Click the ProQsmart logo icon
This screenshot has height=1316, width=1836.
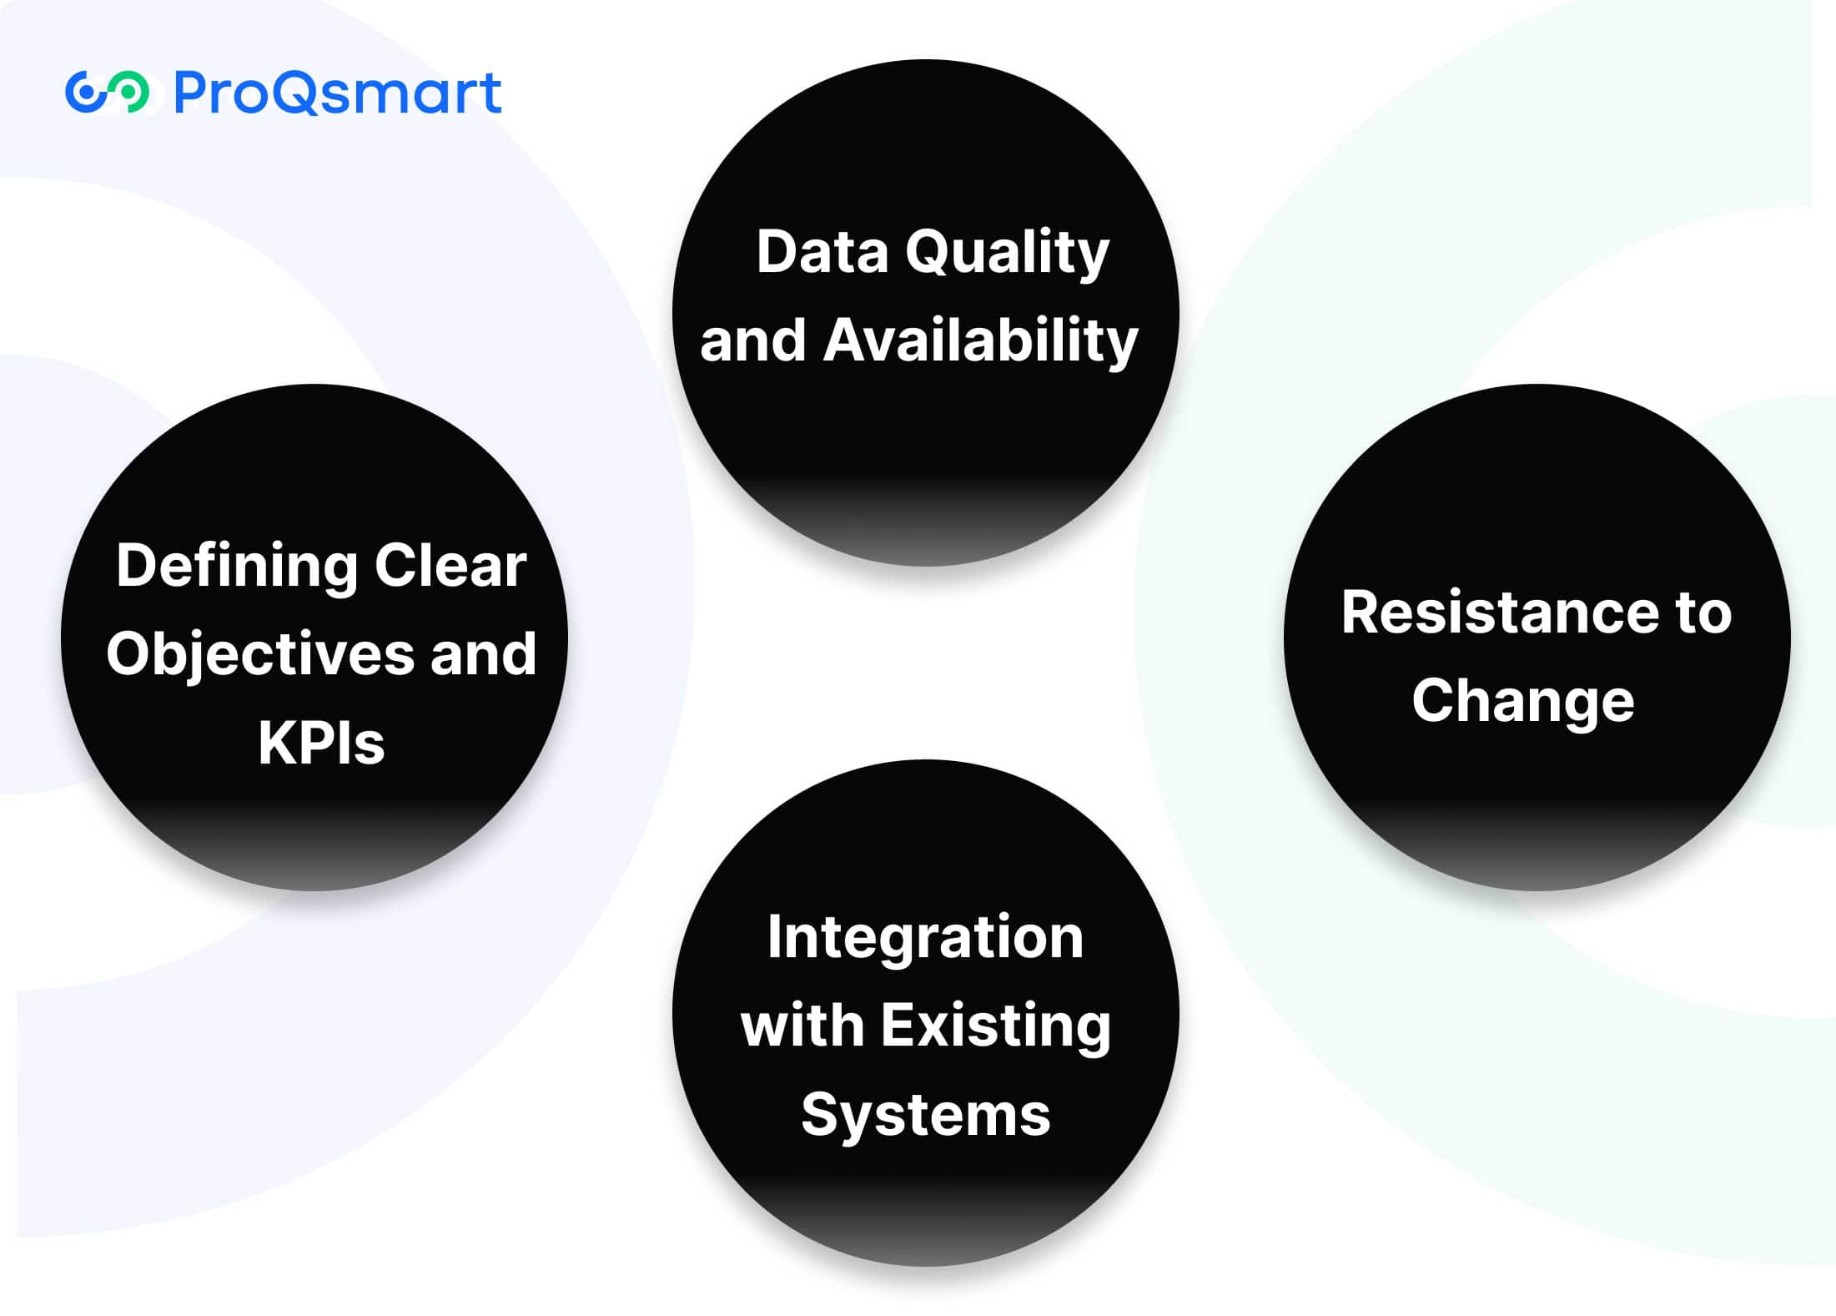[108, 92]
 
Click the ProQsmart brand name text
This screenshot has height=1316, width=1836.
[338, 93]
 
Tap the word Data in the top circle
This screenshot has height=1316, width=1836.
[822, 251]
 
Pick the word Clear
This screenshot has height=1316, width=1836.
[450, 565]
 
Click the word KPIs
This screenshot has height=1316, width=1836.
[321, 743]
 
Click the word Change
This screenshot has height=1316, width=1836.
[1523, 702]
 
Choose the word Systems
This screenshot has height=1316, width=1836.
[925, 1117]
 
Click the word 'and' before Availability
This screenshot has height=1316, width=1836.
[753, 340]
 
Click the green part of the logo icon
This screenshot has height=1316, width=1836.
[130, 92]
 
